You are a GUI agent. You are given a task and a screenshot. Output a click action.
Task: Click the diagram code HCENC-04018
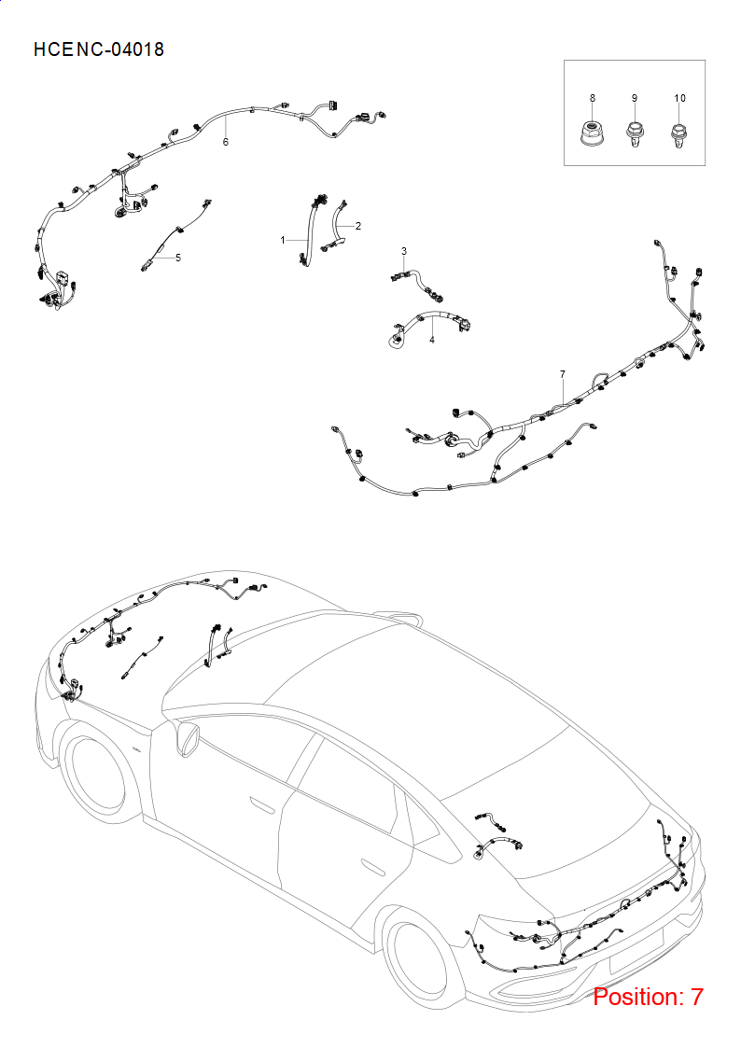[x=99, y=49]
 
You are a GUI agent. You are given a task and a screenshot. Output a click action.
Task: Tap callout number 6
[x=226, y=142]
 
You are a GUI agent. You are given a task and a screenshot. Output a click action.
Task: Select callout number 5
[x=177, y=258]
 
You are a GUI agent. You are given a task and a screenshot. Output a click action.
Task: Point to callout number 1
[x=283, y=240]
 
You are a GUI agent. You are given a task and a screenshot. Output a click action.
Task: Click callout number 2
[x=358, y=226]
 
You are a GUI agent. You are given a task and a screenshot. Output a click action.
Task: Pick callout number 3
[x=403, y=251]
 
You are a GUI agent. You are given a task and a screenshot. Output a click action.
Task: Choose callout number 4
[x=432, y=341]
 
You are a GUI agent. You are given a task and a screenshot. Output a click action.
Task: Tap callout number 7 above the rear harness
[x=563, y=374]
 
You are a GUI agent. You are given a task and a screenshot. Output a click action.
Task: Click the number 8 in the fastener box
[x=593, y=98]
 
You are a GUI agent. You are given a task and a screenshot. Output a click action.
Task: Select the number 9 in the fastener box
[x=635, y=98]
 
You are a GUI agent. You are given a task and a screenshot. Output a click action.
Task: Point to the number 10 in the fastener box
[x=679, y=98]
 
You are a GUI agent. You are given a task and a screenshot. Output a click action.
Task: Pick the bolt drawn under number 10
[x=678, y=134]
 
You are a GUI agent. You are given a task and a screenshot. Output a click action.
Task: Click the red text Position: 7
[x=648, y=997]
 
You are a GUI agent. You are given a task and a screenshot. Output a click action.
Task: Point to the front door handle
[x=262, y=804]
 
